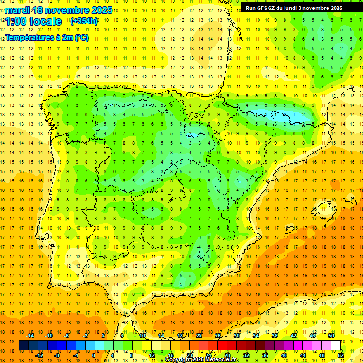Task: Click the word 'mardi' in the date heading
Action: click(x=17, y=10)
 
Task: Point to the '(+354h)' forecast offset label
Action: click(x=84, y=21)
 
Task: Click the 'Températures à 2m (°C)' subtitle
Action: click(x=46, y=38)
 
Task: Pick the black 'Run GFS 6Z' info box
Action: click(x=298, y=8)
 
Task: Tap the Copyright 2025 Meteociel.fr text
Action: click(x=202, y=360)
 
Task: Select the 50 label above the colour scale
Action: click(x=331, y=336)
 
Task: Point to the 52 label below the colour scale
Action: click(x=341, y=355)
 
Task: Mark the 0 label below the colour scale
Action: click(x=93, y=355)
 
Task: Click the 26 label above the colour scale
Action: click(x=218, y=336)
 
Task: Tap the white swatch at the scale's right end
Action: click(x=336, y=346)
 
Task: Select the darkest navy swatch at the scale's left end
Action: click(x=24, y=346)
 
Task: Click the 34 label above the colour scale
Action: click(x=256, y=336)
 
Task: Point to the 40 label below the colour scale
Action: click(x=284, y=355)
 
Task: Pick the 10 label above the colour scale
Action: click(x=142, y=336)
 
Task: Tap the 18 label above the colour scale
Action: click(x=180, y=336)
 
